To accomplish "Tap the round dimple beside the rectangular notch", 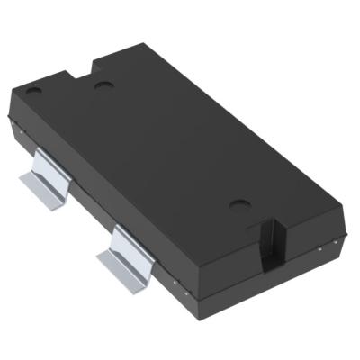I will pos(103,85).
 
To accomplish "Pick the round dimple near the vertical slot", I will pos(238,205).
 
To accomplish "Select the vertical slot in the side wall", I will pos(268,243).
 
